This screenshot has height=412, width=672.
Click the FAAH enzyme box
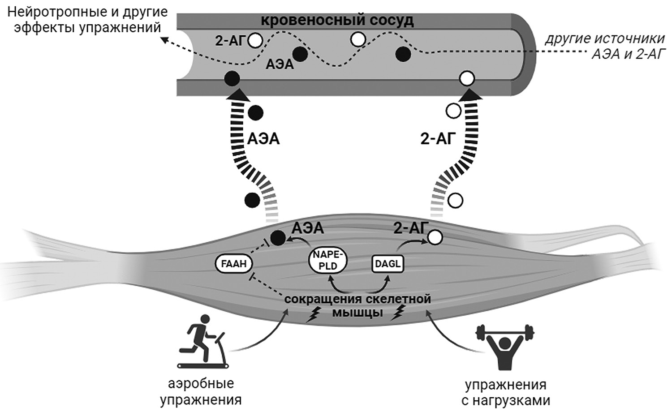(234, 263)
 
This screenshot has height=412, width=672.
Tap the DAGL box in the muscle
(387, 264)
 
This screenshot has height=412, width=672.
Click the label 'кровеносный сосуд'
(337, 21)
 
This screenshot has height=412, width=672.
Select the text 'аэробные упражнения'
(200, 391)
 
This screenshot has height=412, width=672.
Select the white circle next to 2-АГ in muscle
(435, 237)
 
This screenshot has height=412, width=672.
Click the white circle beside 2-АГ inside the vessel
(256, 41)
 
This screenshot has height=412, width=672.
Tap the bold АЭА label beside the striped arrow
(263, 138)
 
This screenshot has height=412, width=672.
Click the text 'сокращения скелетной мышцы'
(357, 305)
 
